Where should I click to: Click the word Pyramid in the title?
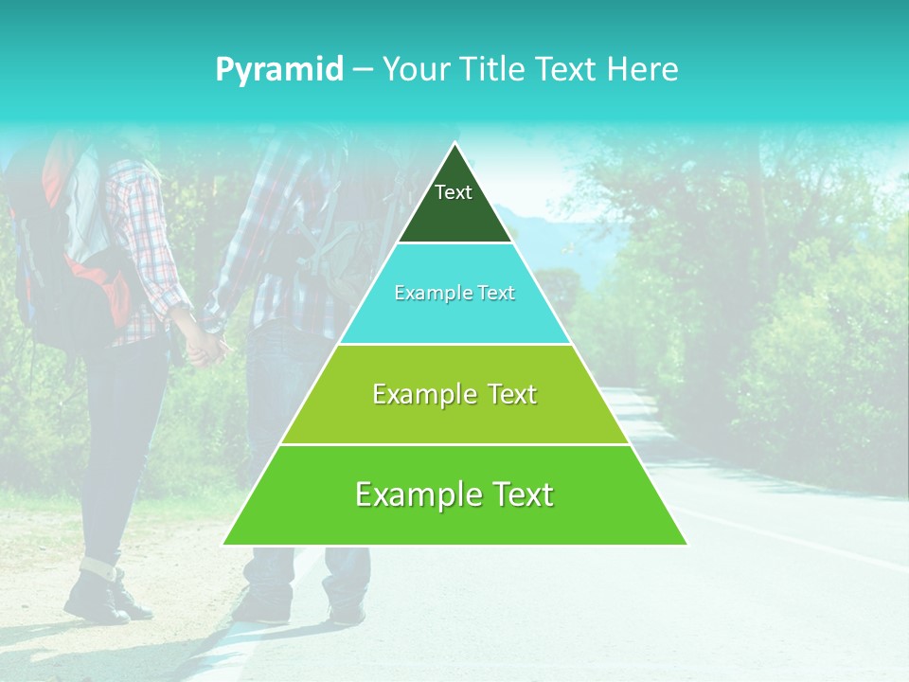(x=278, y=70)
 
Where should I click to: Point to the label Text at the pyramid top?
(x=453, y=192)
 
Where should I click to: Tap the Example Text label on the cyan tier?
(x=454, y=293)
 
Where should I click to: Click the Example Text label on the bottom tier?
(x=454, y=494)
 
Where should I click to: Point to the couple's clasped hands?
(x=206, y=346)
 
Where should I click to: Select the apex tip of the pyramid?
(x=454, y=145)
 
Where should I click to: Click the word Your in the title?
(x=413, y=69)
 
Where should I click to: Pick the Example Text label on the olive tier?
(x=454, y=394)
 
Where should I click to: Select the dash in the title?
(x=362, y=70)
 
